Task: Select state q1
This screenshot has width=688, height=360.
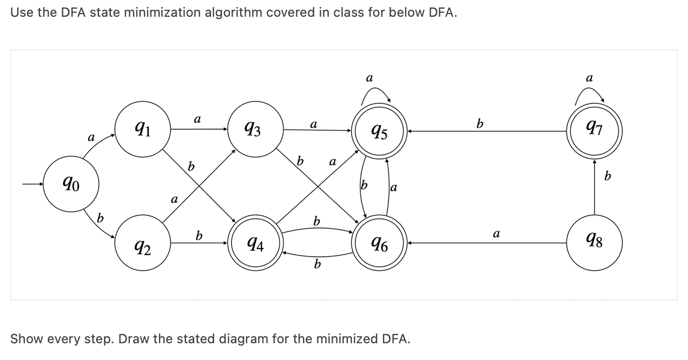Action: pos(142,130)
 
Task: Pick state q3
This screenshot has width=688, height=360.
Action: pos(256,130)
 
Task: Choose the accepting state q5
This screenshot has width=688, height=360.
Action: pos(379,130)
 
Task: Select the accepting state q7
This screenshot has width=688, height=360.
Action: pos(594,130)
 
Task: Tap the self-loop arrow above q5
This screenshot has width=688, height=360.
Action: pos(375,93)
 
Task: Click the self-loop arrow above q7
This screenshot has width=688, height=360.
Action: pos(591,93)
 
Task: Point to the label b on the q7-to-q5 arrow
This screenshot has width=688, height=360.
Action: pos(479,124)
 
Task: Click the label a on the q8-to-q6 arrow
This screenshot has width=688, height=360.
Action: pos(495,234)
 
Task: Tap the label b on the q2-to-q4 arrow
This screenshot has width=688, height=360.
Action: pos(199,236)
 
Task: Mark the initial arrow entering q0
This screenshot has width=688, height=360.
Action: pos(32,185)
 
